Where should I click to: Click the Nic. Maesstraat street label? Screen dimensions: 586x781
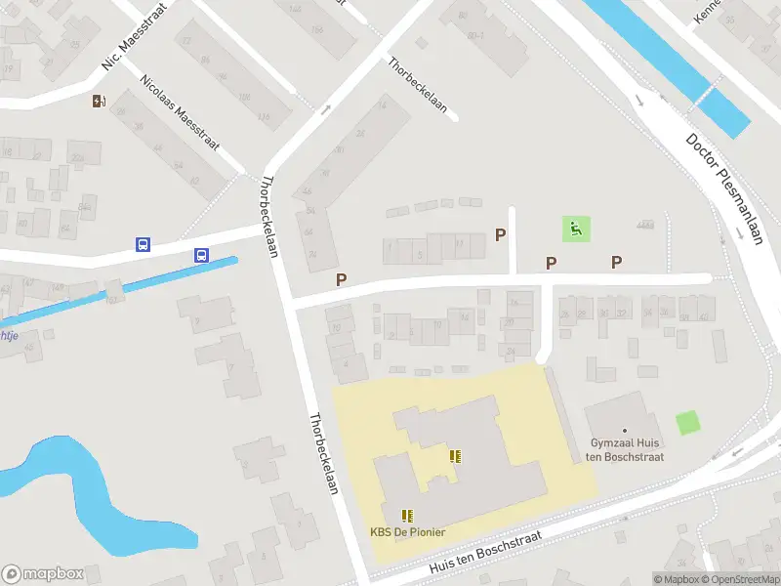click(135, 36)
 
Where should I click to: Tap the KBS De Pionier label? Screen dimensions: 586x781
click(407, 532)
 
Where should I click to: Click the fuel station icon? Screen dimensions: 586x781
click(99, 102)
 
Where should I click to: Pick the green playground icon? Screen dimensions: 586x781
click(576, 230)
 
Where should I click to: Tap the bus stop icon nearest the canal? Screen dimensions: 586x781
click(201, 256)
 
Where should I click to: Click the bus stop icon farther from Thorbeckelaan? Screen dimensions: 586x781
click(143, 244)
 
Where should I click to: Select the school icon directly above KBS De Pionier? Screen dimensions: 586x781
click(407, 515)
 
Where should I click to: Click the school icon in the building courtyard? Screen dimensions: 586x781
click(454, 456)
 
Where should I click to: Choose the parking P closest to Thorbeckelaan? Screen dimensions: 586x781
click(342, 279)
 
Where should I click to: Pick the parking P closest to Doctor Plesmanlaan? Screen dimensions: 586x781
click(616, 262)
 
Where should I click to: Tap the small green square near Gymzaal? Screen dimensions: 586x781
click(688, 424)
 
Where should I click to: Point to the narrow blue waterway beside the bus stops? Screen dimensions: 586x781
click(117, 291)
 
